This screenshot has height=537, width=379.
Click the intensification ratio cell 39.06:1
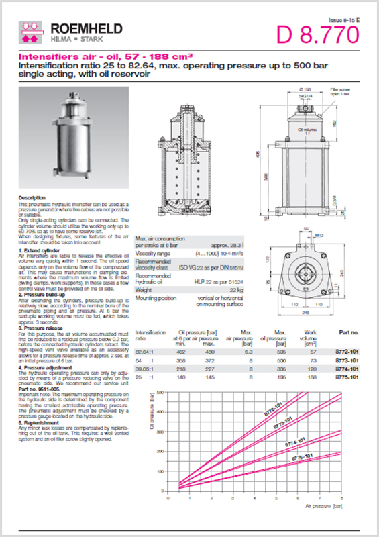146,369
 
